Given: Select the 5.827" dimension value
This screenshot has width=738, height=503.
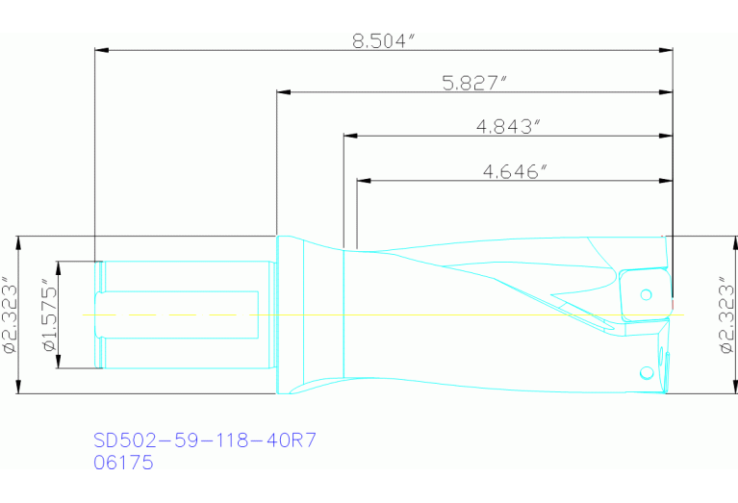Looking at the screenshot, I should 474,84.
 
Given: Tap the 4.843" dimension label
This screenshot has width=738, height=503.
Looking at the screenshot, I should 508,126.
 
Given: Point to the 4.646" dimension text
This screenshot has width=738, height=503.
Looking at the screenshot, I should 515,171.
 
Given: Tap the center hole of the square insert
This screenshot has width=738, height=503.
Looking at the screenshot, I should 646,293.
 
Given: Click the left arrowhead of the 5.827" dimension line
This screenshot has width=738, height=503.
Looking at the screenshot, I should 283,93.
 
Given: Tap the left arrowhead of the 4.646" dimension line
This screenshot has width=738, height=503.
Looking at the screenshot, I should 362,180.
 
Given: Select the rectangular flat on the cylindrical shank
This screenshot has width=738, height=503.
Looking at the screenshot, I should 183,314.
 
